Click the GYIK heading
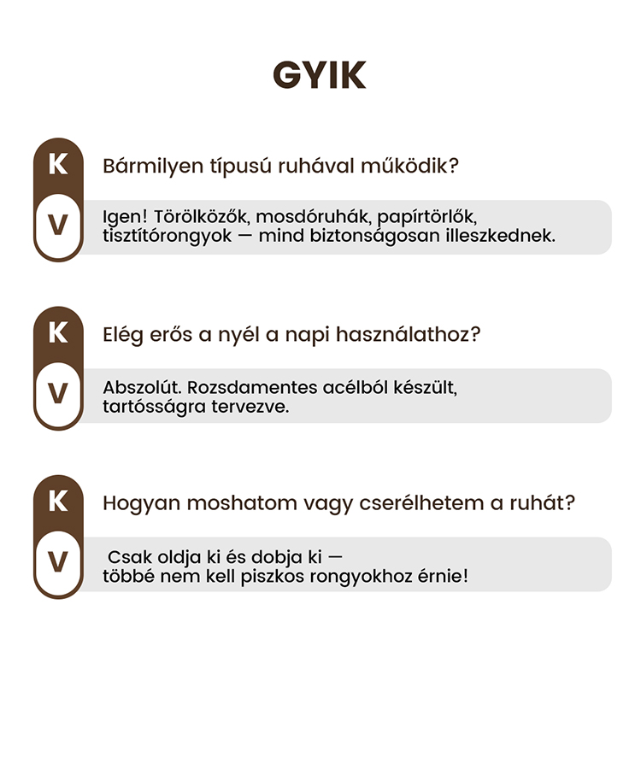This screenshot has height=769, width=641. (320, 75)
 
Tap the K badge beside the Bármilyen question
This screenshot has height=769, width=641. (58, 164)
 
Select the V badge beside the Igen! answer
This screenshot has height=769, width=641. (58, 226)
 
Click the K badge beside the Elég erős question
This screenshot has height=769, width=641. (58, 332)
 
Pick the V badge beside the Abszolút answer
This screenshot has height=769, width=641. (58, 394)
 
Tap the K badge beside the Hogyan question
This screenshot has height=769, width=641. (58, 501)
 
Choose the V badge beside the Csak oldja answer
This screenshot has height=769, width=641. (58, 562)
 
